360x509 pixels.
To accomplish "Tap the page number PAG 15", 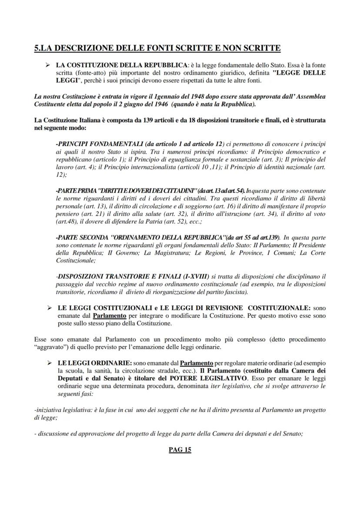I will [180, 450].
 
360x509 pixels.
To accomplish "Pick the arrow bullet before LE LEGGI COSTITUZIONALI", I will [50, 308].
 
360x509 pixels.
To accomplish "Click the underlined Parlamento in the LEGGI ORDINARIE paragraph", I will [197, 363].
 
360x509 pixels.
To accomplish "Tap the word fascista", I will [235, 292].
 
